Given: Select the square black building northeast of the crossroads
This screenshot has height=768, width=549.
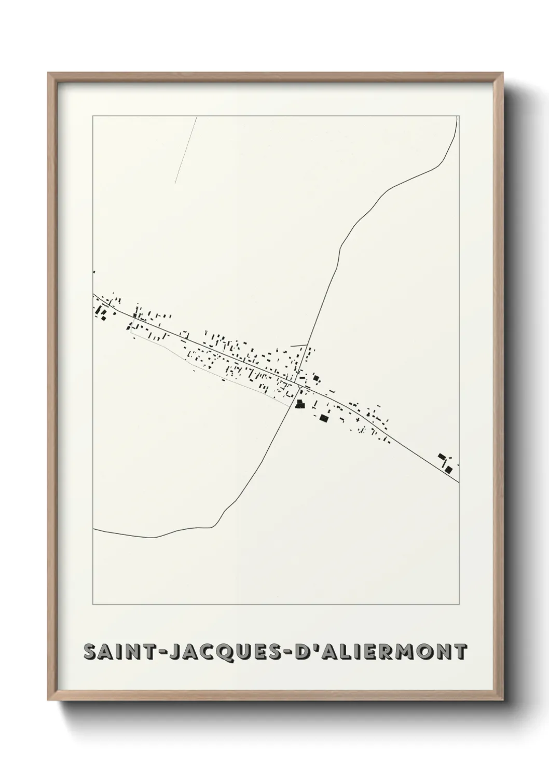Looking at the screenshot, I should coord(315,378).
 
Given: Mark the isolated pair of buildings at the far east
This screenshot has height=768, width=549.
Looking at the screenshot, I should coord(445,463).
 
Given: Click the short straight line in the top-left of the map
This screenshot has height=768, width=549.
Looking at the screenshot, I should coord(186,150).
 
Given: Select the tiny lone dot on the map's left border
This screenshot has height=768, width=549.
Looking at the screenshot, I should coord(94,272).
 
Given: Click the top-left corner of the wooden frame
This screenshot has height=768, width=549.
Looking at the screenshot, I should coord(48,73).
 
